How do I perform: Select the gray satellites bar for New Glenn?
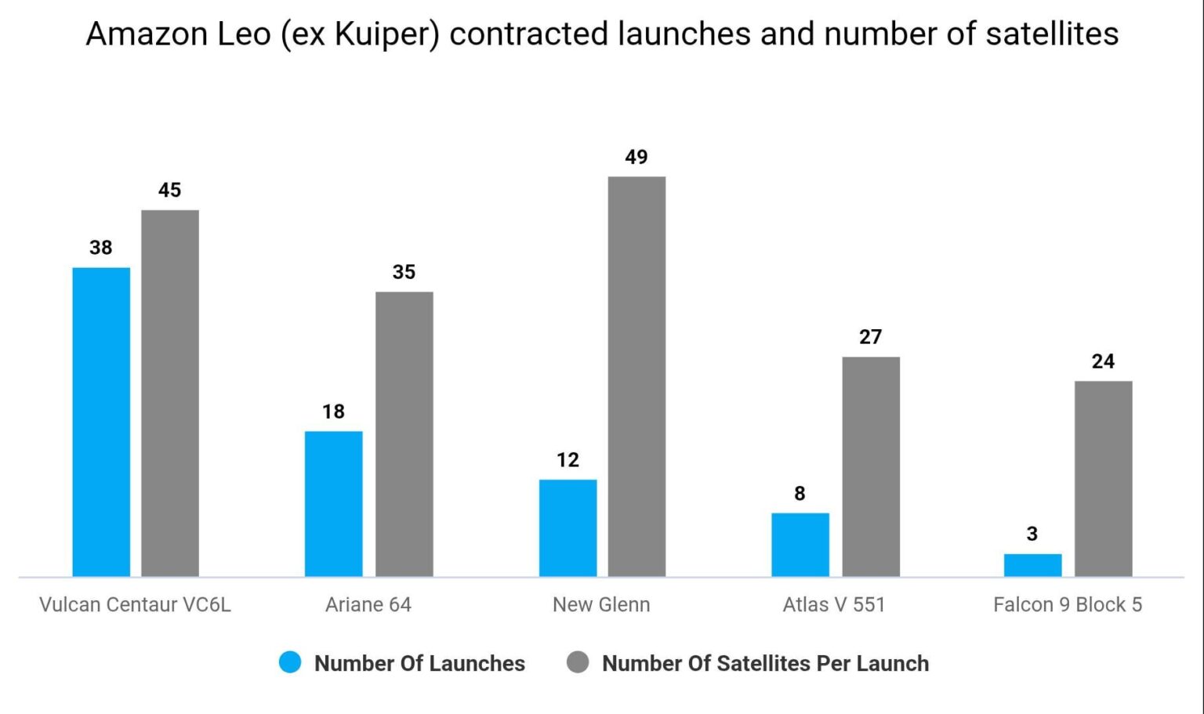636,376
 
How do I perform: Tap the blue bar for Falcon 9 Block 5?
1032,565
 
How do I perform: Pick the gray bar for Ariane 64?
404,434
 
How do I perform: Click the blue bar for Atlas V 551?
800,545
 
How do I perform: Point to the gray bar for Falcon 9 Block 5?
1103,479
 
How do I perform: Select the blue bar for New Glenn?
568,527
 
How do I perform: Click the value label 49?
636,158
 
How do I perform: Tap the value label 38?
101,248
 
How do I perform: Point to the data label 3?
1032,534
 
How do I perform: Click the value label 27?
870,337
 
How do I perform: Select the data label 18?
333,411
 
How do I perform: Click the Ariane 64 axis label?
368,605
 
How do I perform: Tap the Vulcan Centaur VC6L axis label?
135,605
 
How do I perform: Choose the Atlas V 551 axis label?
833,605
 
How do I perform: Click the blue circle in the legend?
290,662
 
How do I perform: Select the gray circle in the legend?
578,662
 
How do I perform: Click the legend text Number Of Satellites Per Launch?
765,663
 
